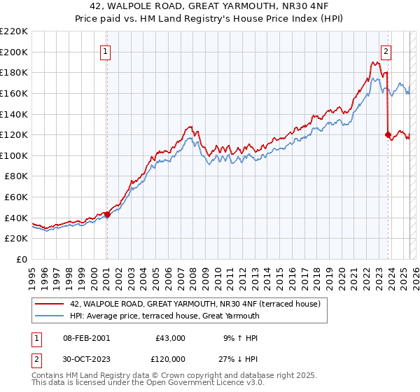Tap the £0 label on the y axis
22,259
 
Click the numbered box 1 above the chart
105,50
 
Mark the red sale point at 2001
107,214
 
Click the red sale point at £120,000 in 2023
388,134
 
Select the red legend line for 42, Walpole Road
49,304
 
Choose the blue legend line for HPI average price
49,316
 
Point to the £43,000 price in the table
170,338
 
